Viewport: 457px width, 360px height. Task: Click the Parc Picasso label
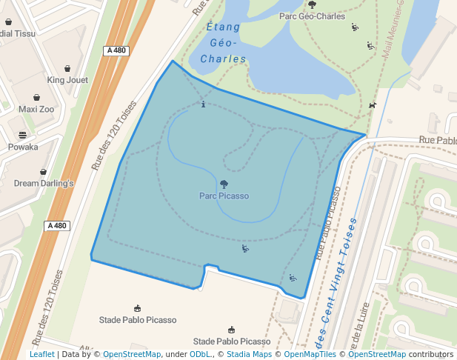224,196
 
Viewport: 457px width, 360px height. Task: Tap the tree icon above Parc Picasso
224,184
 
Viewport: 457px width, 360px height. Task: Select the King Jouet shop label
67,80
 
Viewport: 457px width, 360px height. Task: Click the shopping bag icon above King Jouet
67,68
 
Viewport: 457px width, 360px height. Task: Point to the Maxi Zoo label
36,109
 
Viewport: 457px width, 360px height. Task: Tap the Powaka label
23,147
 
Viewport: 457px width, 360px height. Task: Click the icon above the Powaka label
23,135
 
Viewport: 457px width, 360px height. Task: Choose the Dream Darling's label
44,183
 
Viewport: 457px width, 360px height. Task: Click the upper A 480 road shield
116,50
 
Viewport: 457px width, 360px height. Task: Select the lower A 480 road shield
56,226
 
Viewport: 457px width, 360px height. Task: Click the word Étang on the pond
223,28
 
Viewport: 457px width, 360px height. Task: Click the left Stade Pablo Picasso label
138,320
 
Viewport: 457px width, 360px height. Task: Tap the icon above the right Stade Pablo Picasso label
232,330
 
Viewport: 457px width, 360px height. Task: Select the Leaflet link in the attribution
41,354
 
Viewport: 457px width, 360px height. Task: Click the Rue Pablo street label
437,139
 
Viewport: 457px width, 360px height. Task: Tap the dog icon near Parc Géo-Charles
372,104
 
